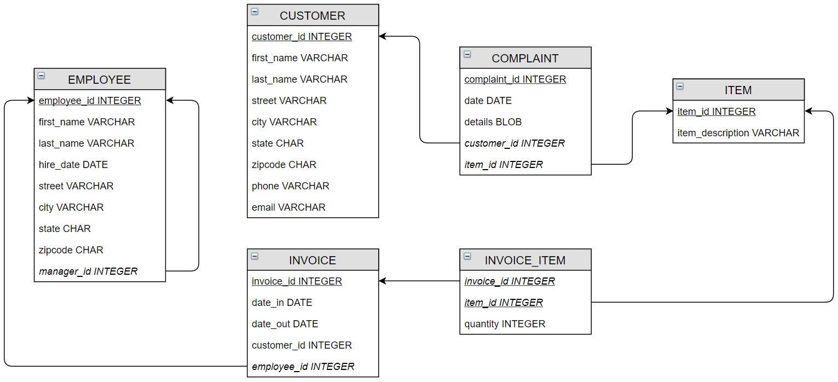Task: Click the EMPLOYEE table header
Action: [x=99, y=79]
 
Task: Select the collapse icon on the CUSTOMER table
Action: [x=255, y=11]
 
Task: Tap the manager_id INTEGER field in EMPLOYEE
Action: [x=88, y=271]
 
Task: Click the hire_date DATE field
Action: [x=73, y=164]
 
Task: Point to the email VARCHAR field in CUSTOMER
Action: [x=288, y=207]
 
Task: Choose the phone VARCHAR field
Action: [x=290, y=186]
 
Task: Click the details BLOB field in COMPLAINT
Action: [x=493, y=121]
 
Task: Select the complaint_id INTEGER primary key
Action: [x=515, y=79]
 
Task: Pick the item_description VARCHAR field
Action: [x=738, y=132]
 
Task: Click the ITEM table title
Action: [x=738, y=90]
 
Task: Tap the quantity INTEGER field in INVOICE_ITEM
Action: [x=505, y=323]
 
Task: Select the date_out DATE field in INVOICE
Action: [x=285, y=323]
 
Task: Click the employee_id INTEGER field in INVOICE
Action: [x=303, y=366]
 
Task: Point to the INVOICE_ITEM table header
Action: [x=525, y=260]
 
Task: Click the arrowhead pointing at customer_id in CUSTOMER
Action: [x=383, y=37]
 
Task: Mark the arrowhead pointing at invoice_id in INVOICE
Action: [x=383, y=281]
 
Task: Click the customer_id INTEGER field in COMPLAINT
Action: [x=514, y=143]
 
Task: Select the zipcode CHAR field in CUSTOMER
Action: [x=284, y=164]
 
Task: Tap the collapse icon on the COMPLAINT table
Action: [x=467, y=54]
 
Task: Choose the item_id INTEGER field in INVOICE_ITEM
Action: [x=503, y=302]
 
